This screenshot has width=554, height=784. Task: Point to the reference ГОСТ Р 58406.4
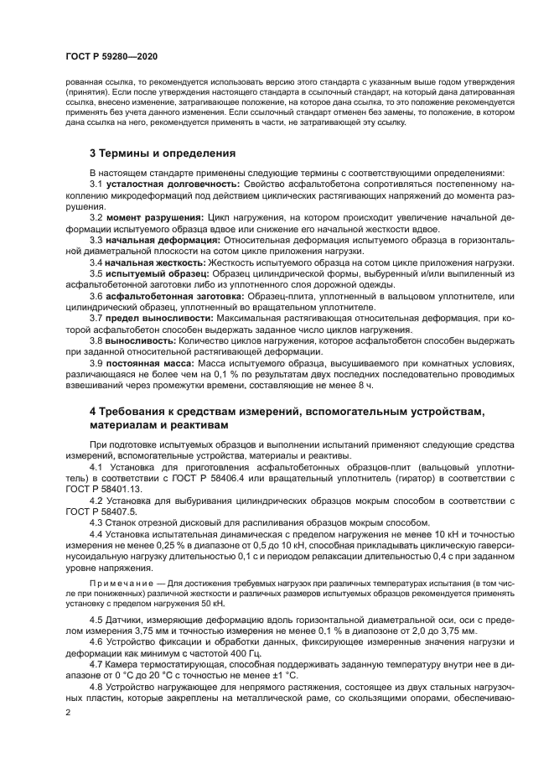pyautogui.click(x=221, y=476)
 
